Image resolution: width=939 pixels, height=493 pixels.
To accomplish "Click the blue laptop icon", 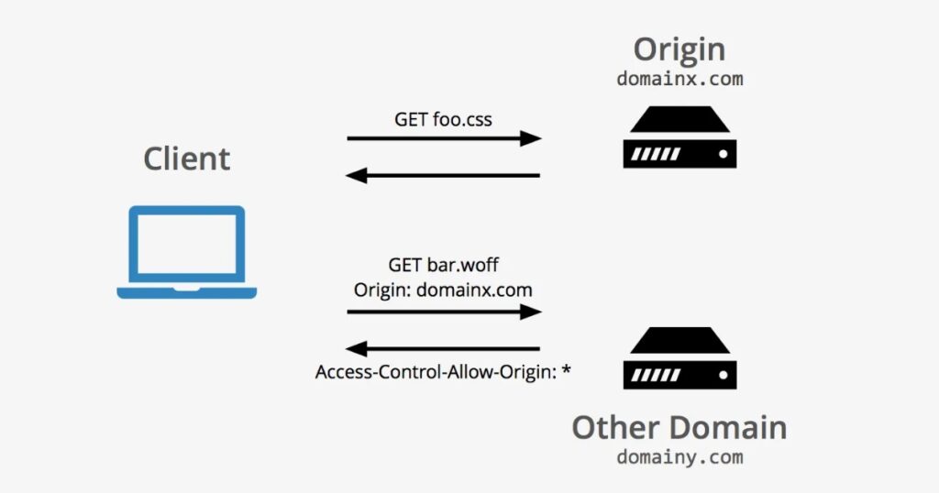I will pos(186,252).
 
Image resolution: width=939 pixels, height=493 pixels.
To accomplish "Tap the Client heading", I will pos(186,159).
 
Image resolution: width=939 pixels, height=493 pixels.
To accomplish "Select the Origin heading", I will pos(679,49).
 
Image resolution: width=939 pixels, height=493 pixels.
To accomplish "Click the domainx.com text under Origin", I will pos(679,79).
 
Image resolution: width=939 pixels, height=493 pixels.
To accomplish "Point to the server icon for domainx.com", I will pos(679,137).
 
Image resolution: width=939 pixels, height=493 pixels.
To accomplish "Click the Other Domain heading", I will pos(679,426).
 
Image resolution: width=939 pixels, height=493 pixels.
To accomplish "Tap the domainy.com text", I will pos(679,455).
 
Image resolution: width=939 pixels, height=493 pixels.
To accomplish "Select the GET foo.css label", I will pos(444,119).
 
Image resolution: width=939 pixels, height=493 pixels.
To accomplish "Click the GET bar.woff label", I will pos(444,266).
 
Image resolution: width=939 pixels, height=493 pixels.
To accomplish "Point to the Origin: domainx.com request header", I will pos(444,290).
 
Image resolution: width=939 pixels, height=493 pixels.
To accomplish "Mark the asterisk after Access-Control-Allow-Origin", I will pos(566,371).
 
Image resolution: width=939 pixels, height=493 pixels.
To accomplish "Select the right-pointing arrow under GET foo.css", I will pos(444,138).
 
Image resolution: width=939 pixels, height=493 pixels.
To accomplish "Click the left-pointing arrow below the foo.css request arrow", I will pos(444,175).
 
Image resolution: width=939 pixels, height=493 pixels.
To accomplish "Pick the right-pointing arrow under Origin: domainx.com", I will pos(444,312).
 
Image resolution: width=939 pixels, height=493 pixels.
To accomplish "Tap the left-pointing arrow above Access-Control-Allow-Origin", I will pos(444,348).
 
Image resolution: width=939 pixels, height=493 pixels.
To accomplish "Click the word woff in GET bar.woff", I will pos(481,266).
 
